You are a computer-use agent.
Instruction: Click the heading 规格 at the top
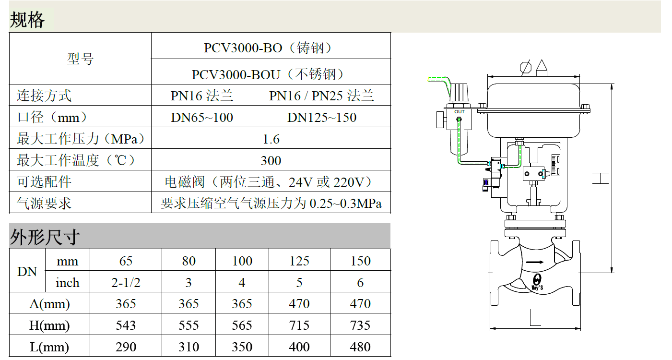coord(27,20)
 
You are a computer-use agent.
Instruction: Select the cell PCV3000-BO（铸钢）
coord(268,48)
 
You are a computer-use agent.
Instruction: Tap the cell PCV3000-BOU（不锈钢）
coord(268,74)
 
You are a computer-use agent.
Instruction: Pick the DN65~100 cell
coord(202,118)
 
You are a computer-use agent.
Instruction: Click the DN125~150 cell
coord(321,118)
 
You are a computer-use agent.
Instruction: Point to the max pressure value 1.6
coord(271,139)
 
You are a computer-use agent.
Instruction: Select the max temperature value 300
coord(271,161)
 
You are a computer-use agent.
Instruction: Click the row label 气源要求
coord(44,203)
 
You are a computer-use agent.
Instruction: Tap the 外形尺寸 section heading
coord(45,237)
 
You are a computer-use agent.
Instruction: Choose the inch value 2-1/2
coord(126,283)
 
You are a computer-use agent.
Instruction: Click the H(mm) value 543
coord(126,325)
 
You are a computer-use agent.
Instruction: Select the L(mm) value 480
coord(360,347)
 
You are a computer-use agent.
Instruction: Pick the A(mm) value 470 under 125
coord(299,303)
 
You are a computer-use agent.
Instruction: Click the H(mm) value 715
coord(299,325)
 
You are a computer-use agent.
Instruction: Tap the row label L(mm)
coord(49,347)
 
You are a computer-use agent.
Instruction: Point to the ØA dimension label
coord(533,68)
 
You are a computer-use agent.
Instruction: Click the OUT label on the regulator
coord(460,112)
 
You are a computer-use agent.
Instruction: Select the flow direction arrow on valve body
coord(535,262)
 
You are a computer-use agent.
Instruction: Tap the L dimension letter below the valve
coord(535,318)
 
